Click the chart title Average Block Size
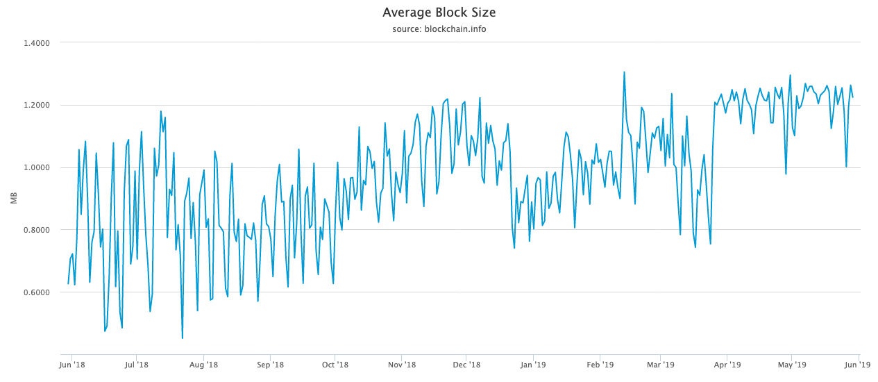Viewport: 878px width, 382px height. pos(439,13)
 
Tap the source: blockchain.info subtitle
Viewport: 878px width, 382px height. pos(439,29)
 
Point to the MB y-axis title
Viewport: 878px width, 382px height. pos(13,198)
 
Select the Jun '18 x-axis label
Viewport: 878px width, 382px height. pos(73,364)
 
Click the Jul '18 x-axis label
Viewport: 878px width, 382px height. pos(137,364)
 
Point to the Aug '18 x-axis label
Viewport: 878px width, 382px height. pos(203,364)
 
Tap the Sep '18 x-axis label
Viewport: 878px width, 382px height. pos(270,364)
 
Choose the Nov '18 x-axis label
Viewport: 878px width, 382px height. pos(401,364)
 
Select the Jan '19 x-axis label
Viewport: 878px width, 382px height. pos(533,364)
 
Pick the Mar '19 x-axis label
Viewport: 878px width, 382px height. pos(660,364)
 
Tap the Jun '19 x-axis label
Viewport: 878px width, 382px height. pos(860,364)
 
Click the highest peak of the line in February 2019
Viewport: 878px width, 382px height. pos(624,72)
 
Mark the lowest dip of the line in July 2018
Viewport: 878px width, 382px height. pos(183,338)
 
